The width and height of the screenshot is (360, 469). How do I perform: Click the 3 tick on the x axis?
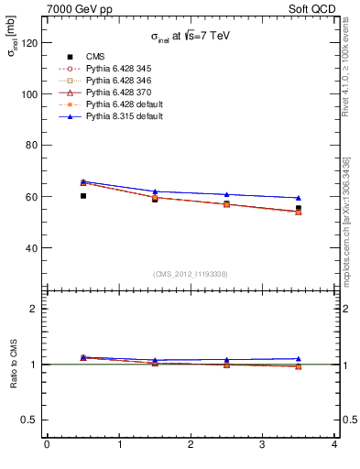262,445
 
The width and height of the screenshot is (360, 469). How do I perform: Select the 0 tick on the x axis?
47,445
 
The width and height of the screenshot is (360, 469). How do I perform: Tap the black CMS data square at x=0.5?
82,195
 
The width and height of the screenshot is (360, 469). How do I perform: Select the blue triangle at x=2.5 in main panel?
226,194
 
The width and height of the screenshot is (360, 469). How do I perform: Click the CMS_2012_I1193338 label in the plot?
191,273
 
